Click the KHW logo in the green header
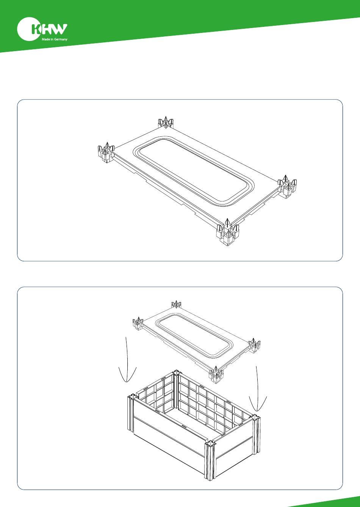tap(42, 29)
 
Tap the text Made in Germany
tap(54, 39)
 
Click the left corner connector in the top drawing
tap(106, 152)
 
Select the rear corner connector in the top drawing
tap(166, 122)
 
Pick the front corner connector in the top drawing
tap(228, 232)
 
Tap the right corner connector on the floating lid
tap(254, 346)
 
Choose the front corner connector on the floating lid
tap(216, 375)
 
